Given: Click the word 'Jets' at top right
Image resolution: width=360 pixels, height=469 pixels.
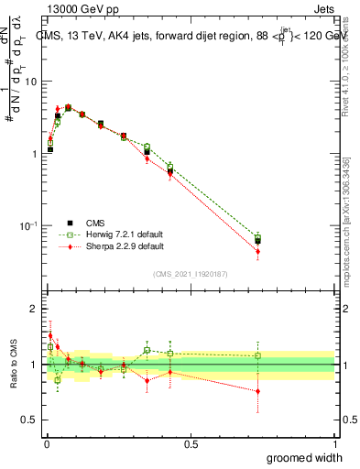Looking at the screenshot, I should tap(322, 9).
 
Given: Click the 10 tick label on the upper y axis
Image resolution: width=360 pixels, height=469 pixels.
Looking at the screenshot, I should tap(30, 82).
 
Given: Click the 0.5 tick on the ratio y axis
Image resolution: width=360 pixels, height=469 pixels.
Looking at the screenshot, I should tap(29, 420).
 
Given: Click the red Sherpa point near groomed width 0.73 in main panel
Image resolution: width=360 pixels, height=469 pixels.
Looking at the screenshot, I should tap(257, 251).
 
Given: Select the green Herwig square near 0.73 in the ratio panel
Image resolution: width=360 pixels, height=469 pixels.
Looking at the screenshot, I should tap(257, 355).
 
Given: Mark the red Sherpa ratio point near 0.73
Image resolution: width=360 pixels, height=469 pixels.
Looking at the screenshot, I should tap(257, 391).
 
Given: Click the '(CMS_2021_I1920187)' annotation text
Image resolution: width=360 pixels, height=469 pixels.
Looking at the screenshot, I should tap(191, 274).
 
